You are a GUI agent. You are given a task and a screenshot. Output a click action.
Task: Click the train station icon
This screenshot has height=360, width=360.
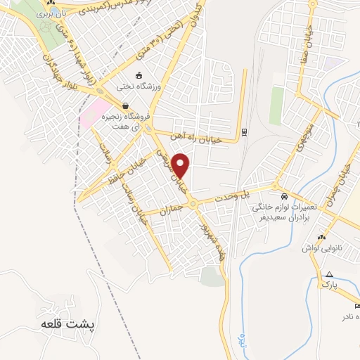243,131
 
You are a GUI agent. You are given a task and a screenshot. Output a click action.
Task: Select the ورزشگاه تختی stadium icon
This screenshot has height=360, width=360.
139,75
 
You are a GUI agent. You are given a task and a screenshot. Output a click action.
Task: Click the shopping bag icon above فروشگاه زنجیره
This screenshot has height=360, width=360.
124,106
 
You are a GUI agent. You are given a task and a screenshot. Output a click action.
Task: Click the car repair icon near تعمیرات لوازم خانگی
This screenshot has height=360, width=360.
283,197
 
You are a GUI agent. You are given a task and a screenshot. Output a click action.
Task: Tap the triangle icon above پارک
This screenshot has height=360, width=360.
329,274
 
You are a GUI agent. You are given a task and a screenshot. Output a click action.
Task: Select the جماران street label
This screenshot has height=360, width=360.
172,208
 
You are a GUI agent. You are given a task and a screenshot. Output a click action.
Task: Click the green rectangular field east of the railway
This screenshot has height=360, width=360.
276,105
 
